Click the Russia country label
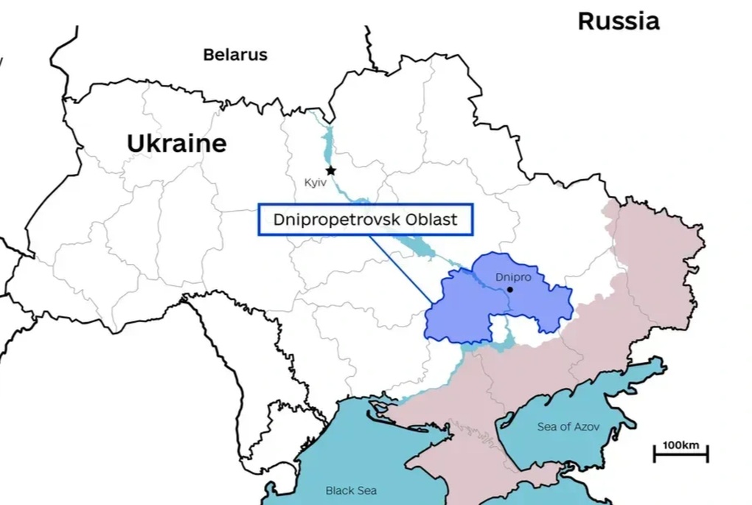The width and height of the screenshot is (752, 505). (618, 21)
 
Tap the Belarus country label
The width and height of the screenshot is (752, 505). (235, 55)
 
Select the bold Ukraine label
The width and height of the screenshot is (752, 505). (176, 143)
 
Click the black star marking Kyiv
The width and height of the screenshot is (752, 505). (331, 170)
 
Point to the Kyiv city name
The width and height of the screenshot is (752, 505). (314, 181)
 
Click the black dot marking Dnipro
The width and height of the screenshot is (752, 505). (509, 290)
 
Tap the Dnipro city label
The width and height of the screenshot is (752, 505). (512, 278)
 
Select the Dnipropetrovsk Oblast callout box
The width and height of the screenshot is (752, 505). (365, 220)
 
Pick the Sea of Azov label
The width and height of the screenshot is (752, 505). (568, 427)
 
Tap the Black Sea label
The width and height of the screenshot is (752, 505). (351, 490)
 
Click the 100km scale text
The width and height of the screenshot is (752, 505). (680, 445)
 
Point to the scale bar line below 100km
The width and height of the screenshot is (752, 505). (680, 455)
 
